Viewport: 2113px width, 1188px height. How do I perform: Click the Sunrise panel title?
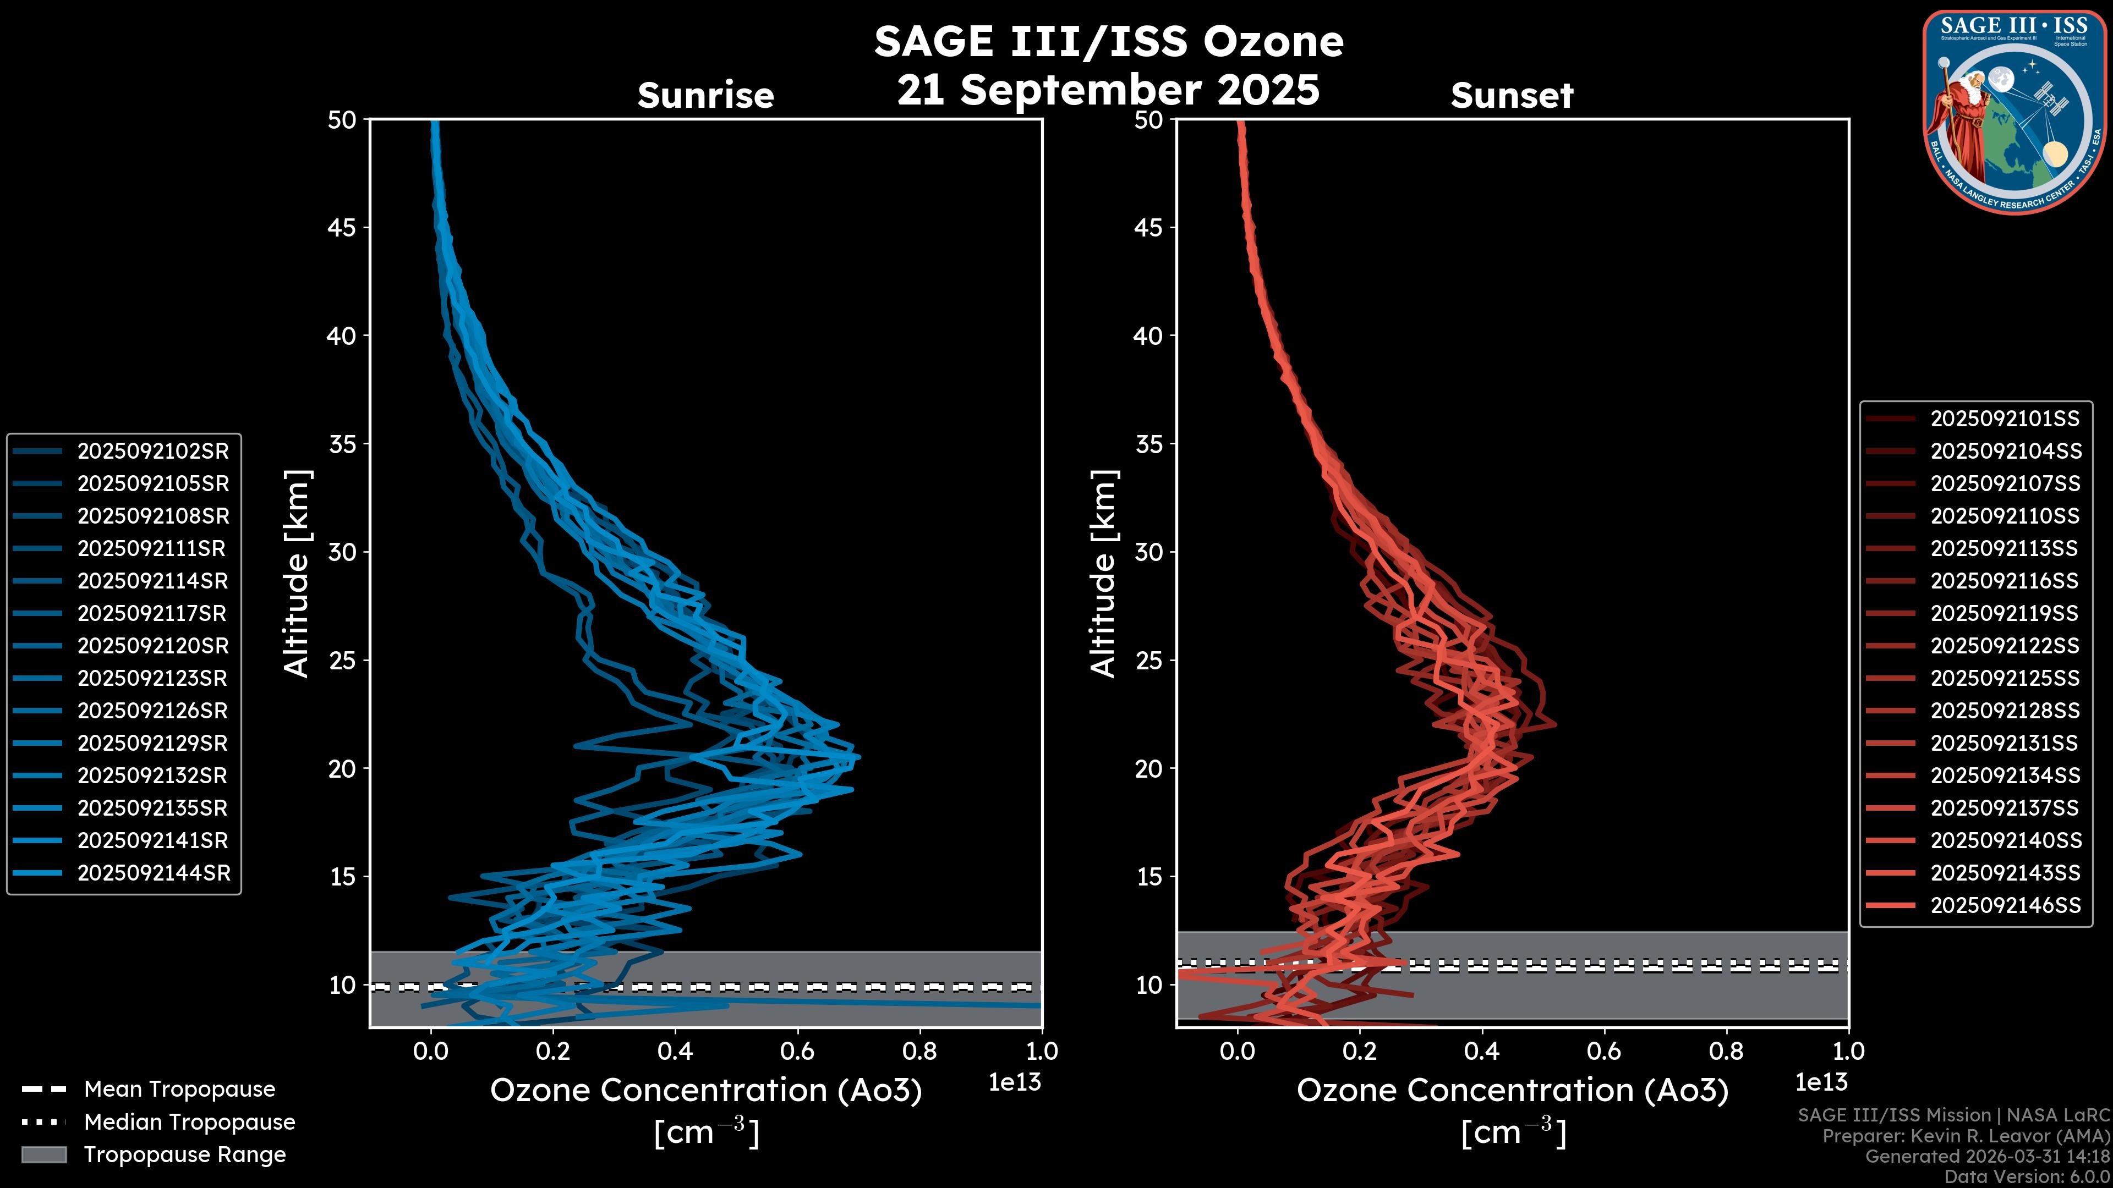point(705,96)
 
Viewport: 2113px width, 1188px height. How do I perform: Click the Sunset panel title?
point(1512,96)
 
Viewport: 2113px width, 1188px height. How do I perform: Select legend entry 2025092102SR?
point(152,451)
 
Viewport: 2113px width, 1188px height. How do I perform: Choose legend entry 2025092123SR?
point(152,678)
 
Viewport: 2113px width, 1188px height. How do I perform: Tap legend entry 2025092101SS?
point(2005,419)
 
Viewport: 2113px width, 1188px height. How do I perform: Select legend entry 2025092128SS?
point(2005,711)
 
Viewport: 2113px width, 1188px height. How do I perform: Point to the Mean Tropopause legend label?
point(179,1089)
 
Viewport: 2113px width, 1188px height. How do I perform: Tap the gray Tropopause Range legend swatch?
point(43,1154)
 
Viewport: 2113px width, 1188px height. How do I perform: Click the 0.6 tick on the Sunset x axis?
point(1603,1051)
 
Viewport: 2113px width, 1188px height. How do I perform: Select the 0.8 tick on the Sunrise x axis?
point(919,1051)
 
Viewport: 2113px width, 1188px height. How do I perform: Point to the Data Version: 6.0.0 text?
point(2028,1176)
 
